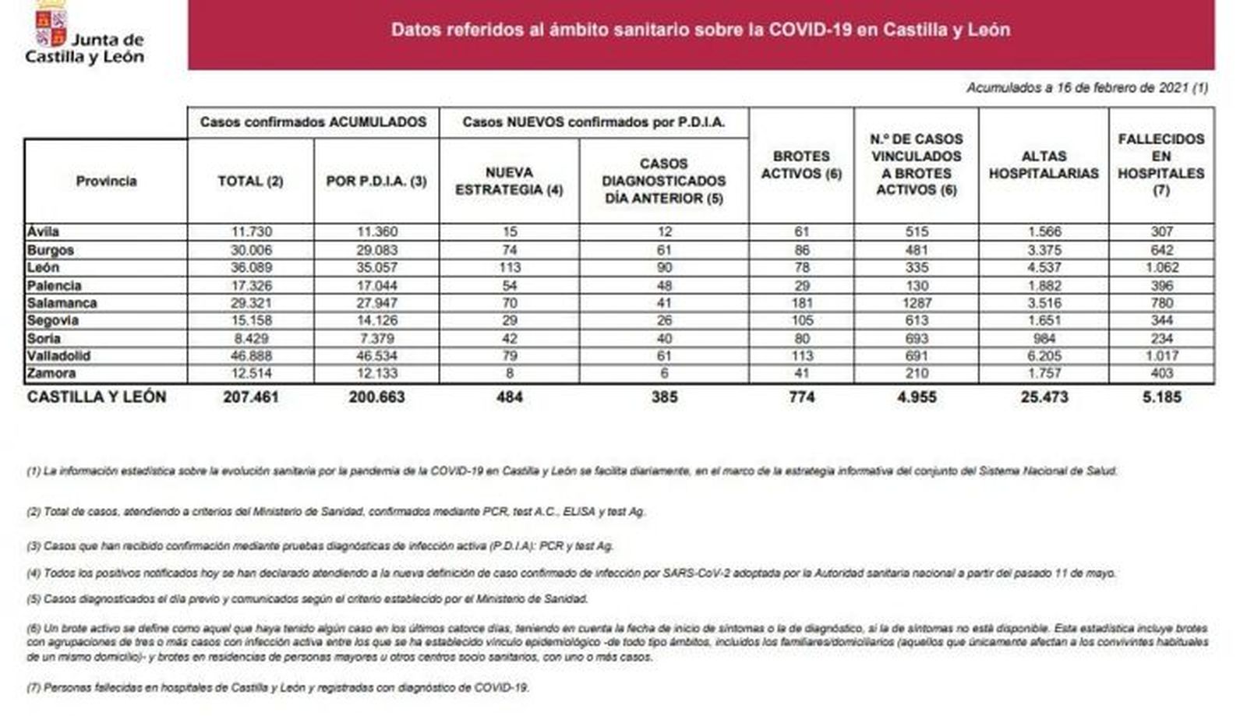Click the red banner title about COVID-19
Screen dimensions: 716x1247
(700, 30)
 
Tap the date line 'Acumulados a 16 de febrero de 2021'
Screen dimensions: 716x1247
(1086, 88)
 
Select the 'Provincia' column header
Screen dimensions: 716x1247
(106, 181)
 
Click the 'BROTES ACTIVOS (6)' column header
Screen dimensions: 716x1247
(801, 164)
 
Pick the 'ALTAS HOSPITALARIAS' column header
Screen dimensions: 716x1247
(1044, 164)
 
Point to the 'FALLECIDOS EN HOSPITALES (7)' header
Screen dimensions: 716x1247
(1160, 164)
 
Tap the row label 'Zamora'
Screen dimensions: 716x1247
(51, 373)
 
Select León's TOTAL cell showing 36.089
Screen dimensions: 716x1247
(250, 267)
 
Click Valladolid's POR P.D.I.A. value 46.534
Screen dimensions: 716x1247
(376, 356)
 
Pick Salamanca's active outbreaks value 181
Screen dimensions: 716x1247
(801, 303)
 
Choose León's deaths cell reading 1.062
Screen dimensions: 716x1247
(1161, 267)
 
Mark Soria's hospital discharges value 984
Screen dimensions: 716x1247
(1044, 338)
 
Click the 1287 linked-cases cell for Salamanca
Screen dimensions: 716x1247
(917, 303)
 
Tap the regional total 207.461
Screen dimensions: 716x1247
(250, 397)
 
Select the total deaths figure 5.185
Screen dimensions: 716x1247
(1161, 397)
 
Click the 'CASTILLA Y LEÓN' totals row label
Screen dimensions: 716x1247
(97, 397)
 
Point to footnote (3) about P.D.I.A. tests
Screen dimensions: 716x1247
(320, 546)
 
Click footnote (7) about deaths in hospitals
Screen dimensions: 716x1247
(278, 688)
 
